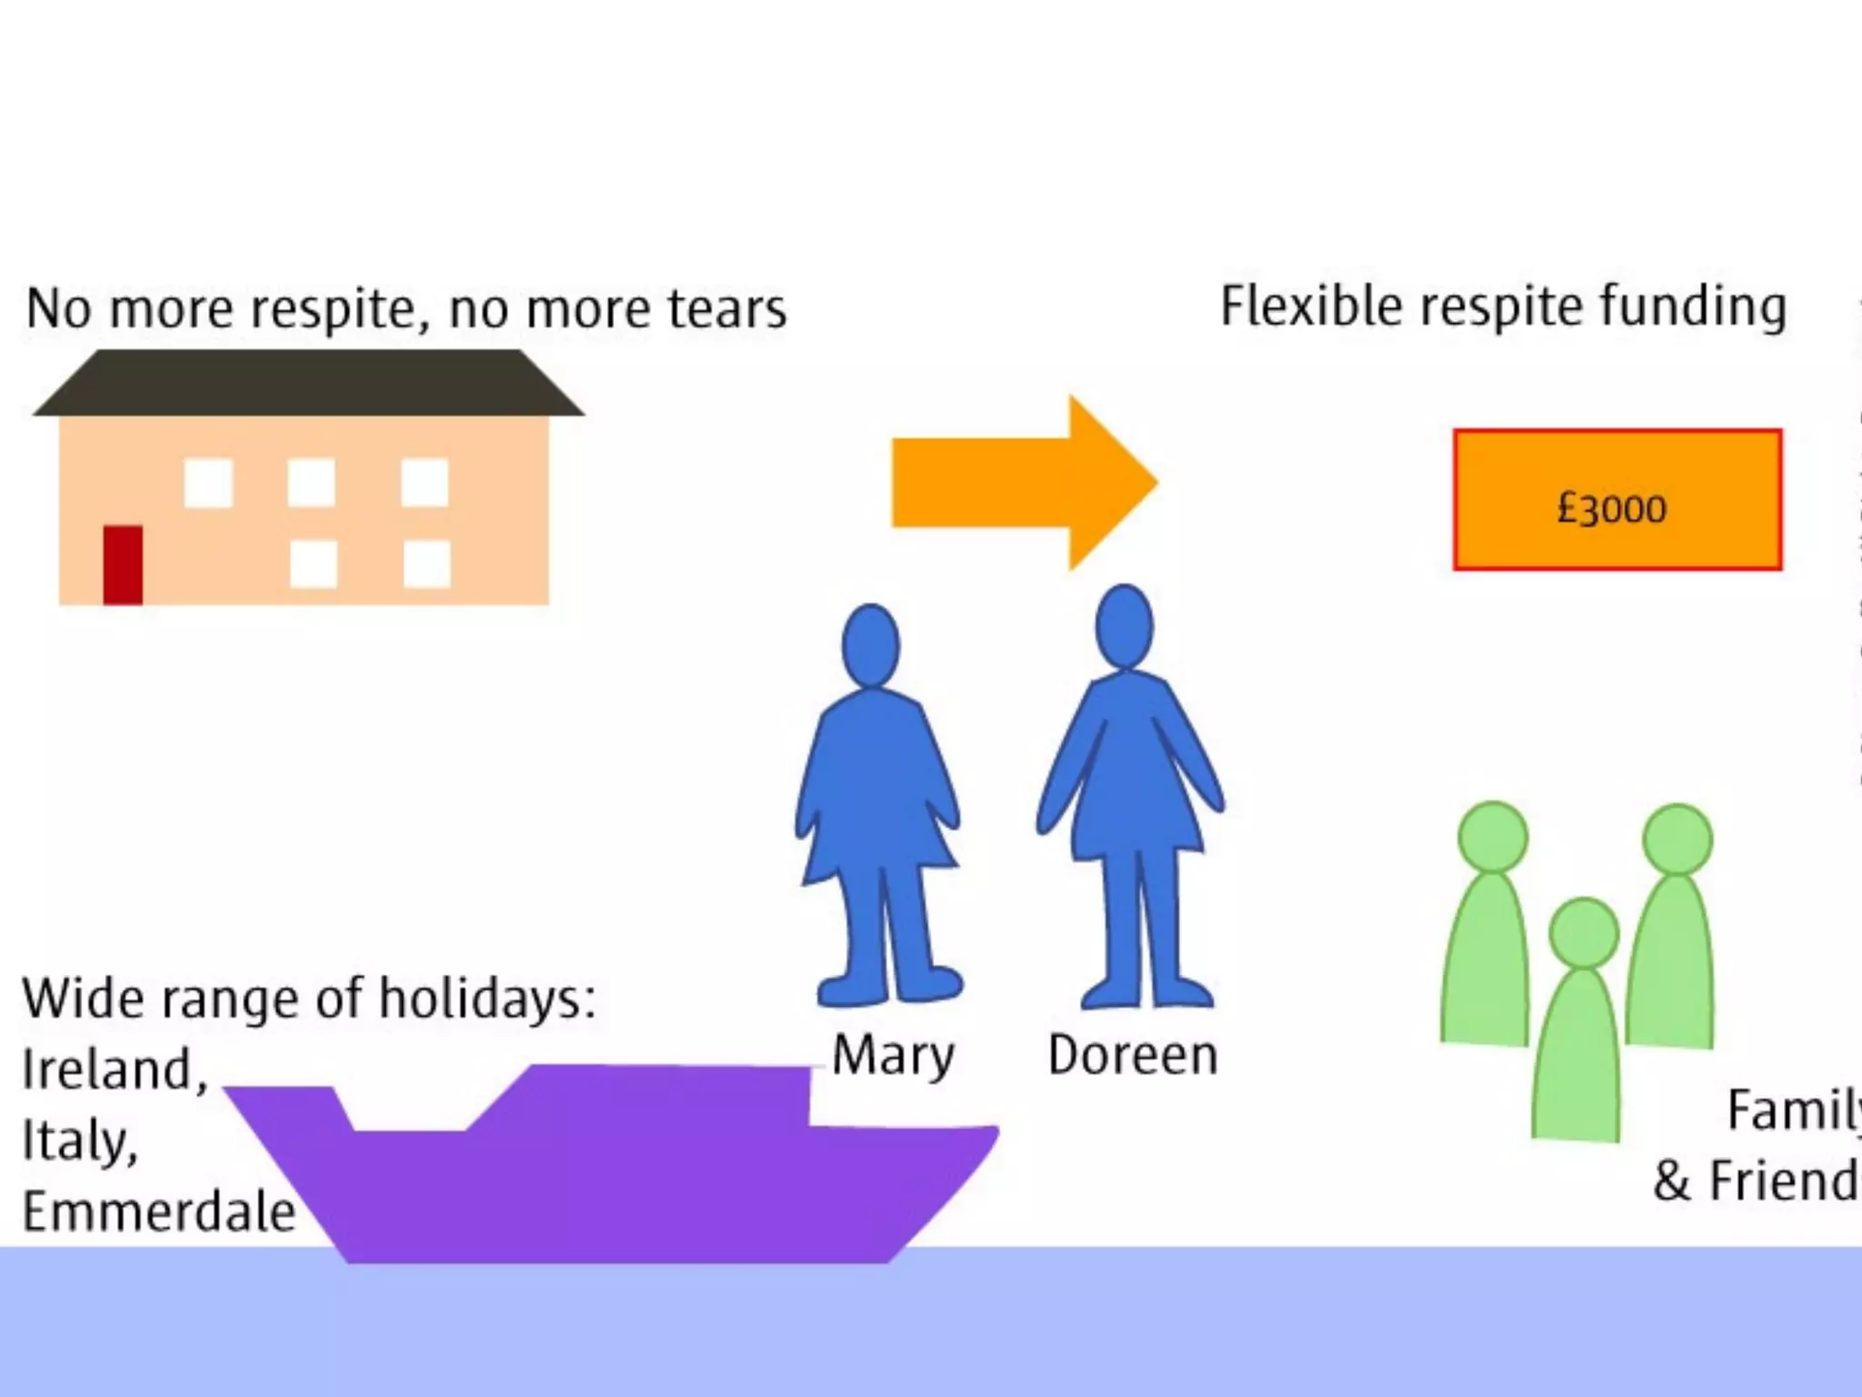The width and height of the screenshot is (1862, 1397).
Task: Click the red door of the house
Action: pos(123,565)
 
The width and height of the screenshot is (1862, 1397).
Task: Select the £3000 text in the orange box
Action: pos(1612,508)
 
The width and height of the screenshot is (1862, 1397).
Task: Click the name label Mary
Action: pos(893,1057)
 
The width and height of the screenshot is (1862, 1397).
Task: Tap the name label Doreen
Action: pos(1133,1055)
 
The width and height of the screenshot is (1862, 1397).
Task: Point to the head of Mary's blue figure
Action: pos(870,645)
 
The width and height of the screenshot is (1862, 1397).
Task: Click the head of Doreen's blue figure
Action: pos(1125,627)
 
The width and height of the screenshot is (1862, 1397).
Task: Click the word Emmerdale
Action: pos(159,1211)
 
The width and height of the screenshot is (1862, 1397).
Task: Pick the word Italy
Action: pos(80,1141)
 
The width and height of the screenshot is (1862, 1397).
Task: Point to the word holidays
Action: pos(486,999)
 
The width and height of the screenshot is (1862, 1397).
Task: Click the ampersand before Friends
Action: pos(1671,1181)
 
